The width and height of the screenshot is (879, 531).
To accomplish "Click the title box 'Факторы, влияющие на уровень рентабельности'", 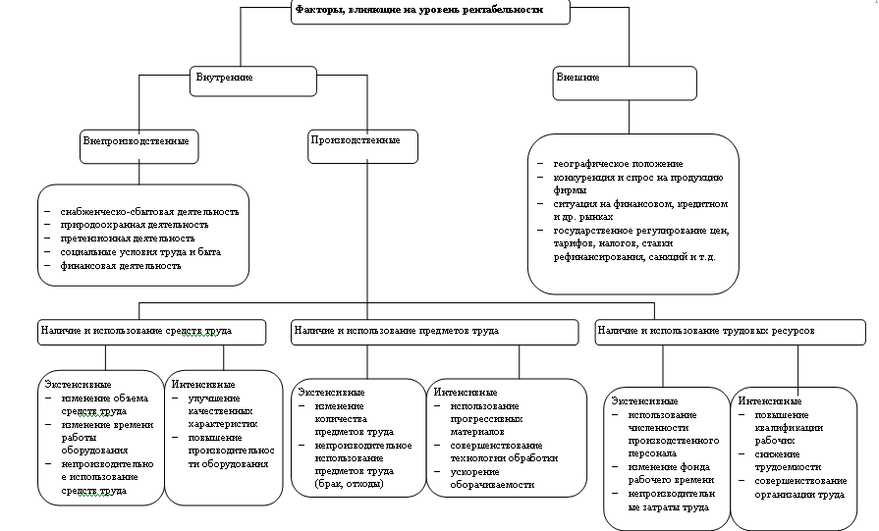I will point(431,11).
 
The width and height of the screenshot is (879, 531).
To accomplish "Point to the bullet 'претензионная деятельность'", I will point(127,239).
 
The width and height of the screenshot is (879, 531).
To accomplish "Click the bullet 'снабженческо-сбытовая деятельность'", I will point(148,211).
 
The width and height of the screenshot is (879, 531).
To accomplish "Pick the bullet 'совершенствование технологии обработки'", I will point(504,451).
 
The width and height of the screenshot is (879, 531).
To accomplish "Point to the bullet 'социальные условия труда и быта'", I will point(138,252).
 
